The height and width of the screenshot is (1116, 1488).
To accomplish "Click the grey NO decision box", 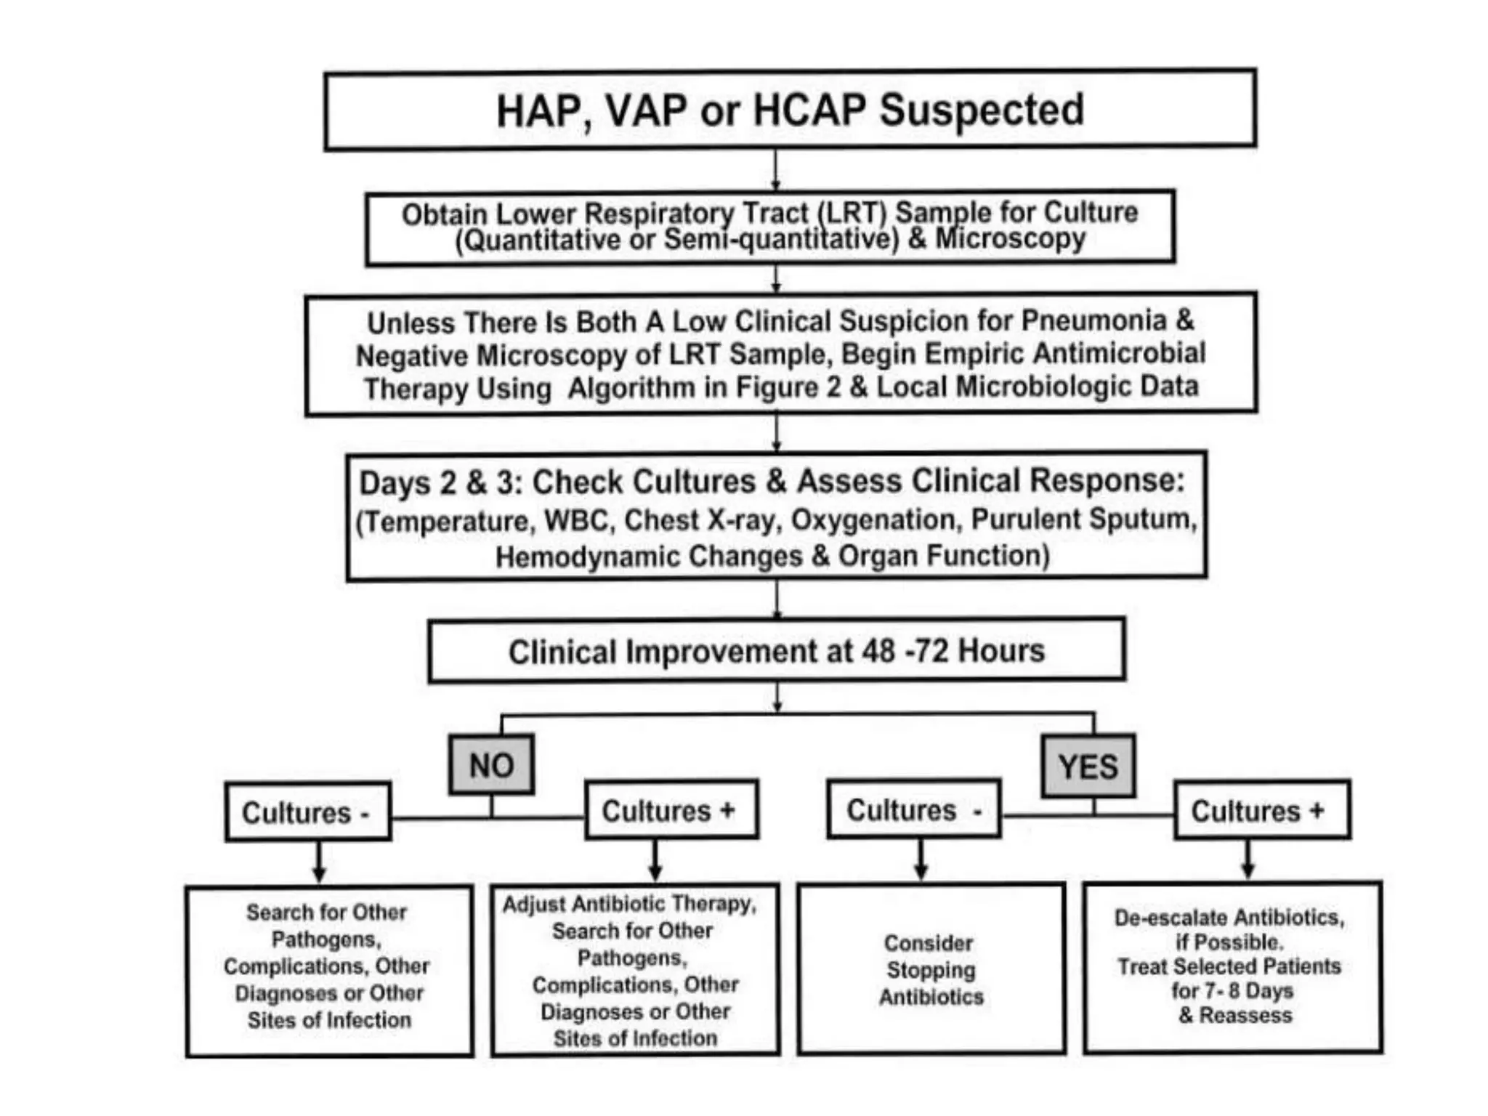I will pos(491,765).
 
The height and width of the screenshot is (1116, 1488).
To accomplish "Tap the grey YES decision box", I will pos(1088,767).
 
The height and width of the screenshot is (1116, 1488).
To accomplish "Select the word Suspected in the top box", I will pos(982,110).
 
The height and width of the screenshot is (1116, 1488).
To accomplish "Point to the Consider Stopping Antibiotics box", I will pos(931,969).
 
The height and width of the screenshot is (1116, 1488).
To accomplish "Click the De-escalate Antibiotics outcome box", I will pos(1232,966).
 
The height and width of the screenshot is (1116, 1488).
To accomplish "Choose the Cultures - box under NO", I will pos(307,812).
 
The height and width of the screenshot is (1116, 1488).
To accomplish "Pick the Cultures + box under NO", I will pos(671,810).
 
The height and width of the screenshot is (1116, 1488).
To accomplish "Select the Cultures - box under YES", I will pos(914,809).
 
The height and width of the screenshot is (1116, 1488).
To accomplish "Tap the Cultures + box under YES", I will pos(1261,810).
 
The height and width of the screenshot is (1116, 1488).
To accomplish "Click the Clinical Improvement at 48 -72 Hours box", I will pos(776,650).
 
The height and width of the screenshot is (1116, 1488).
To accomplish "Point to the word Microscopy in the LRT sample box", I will pos(1010,238).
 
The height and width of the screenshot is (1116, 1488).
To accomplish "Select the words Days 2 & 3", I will pos(441,482).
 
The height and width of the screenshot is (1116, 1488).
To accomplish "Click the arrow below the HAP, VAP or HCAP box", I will pos(776,171).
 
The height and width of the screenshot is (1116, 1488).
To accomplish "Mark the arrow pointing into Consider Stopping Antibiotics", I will pos(921,863).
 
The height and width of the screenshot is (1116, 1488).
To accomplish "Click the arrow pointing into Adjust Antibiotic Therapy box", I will pos(655,863).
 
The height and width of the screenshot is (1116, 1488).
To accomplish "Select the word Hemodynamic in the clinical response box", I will pos(587,557).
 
